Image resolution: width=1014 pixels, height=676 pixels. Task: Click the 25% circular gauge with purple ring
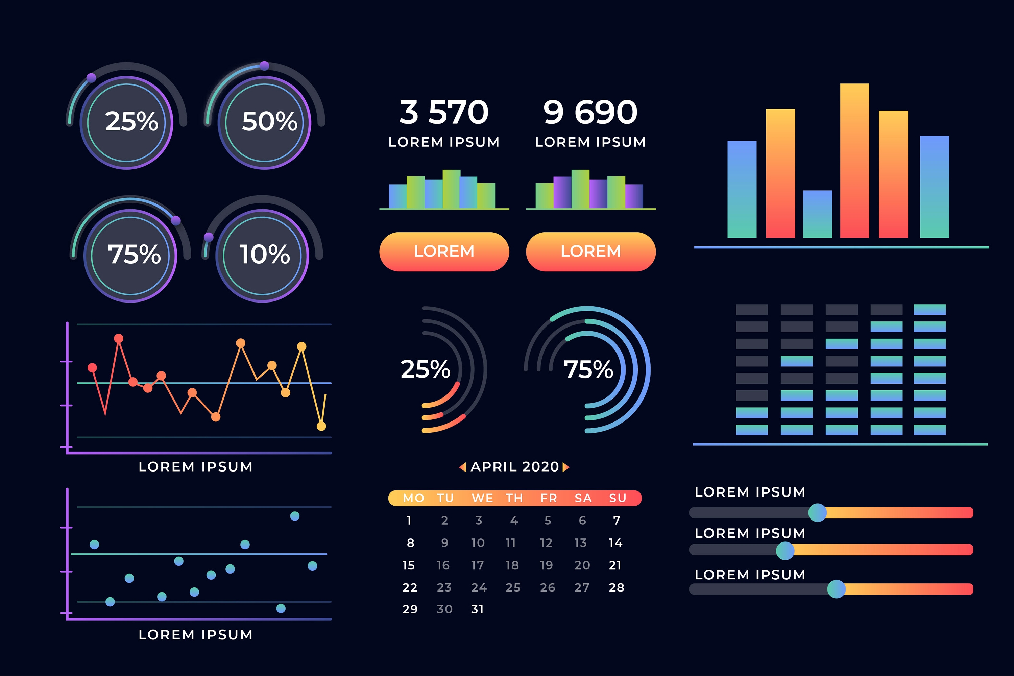pyautogui.click(x=126, y=122)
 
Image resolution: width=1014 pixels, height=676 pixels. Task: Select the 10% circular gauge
pyautogui.click(x=262, y=255)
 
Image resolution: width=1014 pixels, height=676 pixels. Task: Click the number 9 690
pyautogui.click(x=590, y=112)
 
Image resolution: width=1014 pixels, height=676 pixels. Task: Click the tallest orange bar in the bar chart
pyautogui.click(x=854, y=160)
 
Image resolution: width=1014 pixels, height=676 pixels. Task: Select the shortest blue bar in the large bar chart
pyautogui.click(x=817, y=214)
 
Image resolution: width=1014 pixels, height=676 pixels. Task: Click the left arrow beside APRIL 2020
pyautogui.click(x=463, y=467)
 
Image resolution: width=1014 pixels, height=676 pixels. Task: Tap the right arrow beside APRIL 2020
pyautogui.click(x=566, y=467)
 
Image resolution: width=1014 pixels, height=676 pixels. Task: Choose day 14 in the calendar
pyautogui.click(x=615, y=543)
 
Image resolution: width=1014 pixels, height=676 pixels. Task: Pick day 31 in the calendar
pyautogui.click(x=477, y=609)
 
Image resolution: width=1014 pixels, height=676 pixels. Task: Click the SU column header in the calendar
pyautogui.click(x=618, y=498)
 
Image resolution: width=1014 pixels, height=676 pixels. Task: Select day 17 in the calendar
pyautogui.click(x=477, y=565)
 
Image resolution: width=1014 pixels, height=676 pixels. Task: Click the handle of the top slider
pyautogui.click(x=817, y=513)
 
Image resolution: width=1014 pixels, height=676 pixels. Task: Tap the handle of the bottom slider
pyautogui.click(x=836, y=589)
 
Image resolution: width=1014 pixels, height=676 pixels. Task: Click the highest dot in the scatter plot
pyautogui.click(x=295, y=516)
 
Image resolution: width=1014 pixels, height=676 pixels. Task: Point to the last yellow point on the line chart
pyautogui.click(x=321, y=426)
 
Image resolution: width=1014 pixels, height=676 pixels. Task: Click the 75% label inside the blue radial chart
pyautogui.click(x=588, y=369)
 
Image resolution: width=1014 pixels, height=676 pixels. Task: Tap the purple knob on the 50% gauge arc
pyautogui.click(x=265, y=66)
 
